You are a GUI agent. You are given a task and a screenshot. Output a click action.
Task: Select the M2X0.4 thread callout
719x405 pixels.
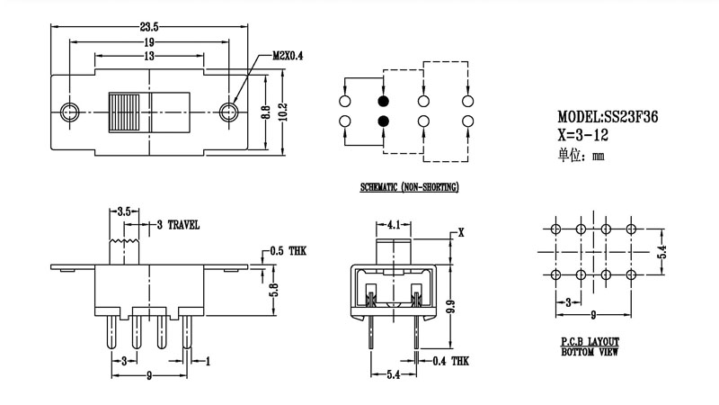(x=288, y=56)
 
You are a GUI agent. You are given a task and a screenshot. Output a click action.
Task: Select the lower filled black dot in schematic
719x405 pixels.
(x=384, y=121)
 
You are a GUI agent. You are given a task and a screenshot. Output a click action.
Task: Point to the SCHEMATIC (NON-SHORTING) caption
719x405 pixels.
(x=410, y=187)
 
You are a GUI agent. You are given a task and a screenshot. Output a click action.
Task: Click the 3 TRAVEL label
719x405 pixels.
(x=178, y=224)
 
